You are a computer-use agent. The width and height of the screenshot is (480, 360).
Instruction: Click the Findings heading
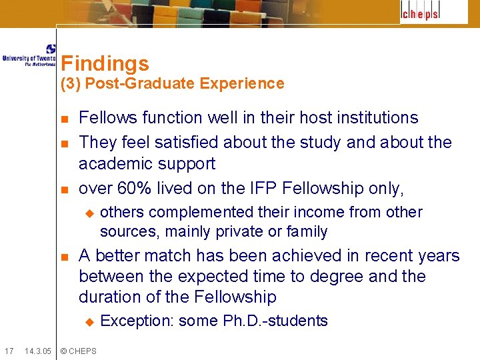click(x=105, y=63)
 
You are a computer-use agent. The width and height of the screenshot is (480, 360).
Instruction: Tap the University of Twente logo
click(x=29, y=55)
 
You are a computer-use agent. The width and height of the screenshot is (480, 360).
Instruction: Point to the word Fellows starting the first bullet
click(x=106, y=118)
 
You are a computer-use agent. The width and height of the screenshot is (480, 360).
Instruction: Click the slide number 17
click(x=9, y=351)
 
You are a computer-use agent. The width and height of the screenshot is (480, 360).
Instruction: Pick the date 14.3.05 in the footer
click(x=38, y=351)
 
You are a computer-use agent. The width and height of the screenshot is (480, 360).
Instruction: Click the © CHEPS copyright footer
click(x=78, y=351)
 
